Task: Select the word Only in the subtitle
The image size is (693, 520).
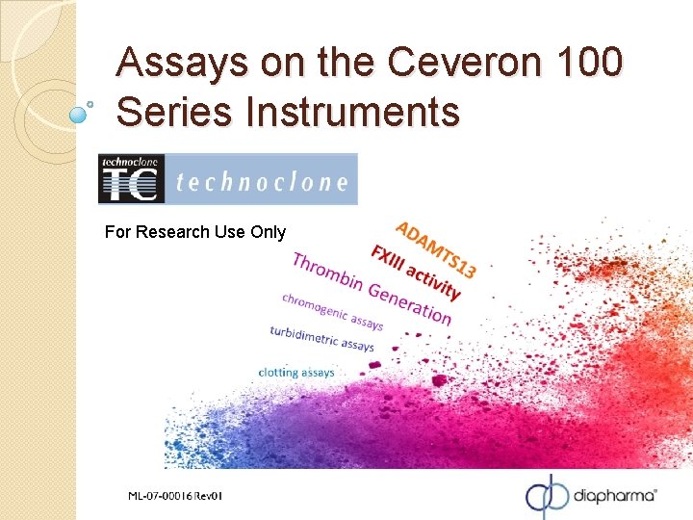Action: (268, 232)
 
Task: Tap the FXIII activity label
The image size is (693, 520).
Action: (415, 271)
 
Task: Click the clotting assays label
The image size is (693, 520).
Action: (296, 372)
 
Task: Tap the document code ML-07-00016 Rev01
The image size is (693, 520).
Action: (175, 496)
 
